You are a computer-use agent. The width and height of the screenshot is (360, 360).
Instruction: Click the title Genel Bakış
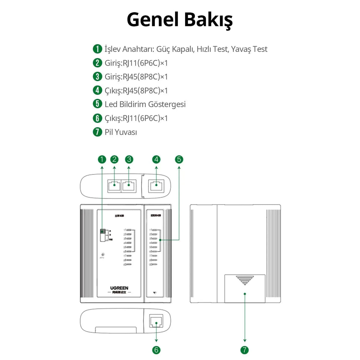click(x=180, y=20)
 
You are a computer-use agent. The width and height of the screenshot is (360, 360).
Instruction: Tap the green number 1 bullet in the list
click(x=97, y=49)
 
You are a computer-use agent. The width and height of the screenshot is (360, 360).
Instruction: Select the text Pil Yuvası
click(x=121, y=132)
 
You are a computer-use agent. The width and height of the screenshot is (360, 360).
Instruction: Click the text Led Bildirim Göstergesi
click(x=145, y=104)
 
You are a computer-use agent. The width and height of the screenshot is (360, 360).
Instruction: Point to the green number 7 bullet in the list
click(x=97, y=132)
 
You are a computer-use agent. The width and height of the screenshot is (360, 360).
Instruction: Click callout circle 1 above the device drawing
click(x=102, y=160)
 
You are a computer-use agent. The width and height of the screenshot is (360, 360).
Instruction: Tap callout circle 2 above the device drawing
click(x=114, y=160)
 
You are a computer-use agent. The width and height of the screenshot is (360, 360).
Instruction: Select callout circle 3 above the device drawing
click(x=129, y=160)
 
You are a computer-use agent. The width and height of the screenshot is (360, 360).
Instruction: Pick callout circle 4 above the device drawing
click(x=156, y=160)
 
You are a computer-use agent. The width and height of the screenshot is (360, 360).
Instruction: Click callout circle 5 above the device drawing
click(x=179, y=160)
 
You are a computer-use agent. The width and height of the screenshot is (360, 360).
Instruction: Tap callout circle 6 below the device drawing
click(x=156, y=350)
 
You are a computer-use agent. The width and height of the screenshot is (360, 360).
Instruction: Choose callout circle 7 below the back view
click(x=244, y=350)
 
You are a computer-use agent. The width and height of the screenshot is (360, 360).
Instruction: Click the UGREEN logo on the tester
click(x=119, y=288)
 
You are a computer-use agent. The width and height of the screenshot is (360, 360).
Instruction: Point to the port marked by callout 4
click(x=156, y=186)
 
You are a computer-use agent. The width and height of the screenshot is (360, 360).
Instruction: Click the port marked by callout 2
click(x=114, y=186)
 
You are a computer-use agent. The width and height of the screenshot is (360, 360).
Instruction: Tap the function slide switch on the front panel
click(x=103, y=235)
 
